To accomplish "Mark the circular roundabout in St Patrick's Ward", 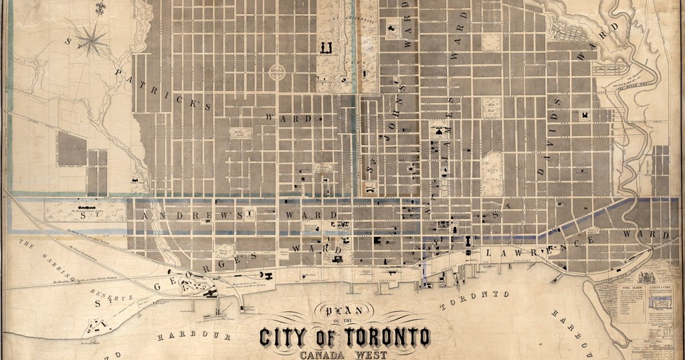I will [x=276, y=72].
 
